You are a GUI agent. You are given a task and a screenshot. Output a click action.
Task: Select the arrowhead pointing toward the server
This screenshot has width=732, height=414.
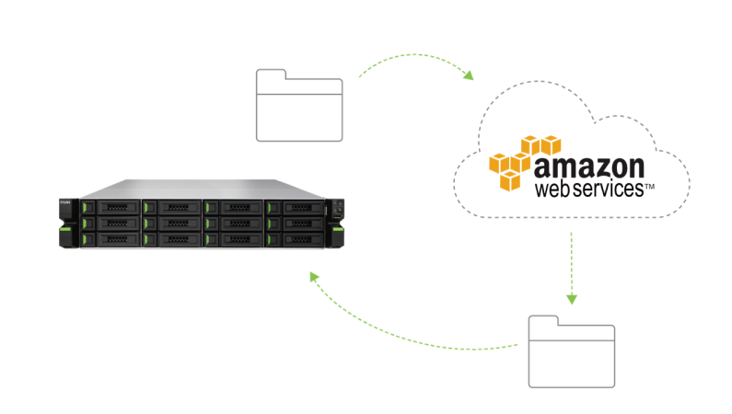[x=314, y=276]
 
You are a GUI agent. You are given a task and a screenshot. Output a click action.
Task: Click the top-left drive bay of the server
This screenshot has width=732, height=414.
[x=114, y=207]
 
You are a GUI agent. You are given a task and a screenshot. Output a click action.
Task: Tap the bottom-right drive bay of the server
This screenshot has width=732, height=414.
[x=298, y=239]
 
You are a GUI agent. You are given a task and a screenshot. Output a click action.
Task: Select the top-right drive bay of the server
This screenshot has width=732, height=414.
[x=298, y=207]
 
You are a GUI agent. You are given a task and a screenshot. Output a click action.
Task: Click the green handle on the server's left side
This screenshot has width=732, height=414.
[x=65, y=238]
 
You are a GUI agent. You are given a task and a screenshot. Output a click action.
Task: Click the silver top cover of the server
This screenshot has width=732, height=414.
[x=203, y=188]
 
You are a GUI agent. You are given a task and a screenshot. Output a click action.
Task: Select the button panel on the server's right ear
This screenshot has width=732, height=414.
[x=338, y=208]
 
